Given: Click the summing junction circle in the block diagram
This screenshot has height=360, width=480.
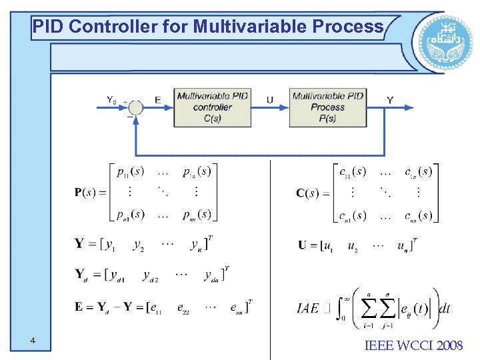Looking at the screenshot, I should [136, 107].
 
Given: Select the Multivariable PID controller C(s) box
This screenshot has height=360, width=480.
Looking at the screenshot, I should [213, 107].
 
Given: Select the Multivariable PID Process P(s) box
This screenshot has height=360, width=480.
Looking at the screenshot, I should [327, 107].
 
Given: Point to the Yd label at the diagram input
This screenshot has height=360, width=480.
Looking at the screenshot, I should [111, 100].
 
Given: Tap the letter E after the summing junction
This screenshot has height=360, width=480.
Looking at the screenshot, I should [158, 100].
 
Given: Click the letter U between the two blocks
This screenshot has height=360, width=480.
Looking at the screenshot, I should [269, 100].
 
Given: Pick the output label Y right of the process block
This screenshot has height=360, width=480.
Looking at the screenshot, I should [390, 100].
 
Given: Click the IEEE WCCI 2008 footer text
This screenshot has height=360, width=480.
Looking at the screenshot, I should [414, 345].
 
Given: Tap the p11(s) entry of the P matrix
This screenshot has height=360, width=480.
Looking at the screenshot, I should [129, 172].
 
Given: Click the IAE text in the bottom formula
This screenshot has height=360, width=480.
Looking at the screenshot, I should [308, 308].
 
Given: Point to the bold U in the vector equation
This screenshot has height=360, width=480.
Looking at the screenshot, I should [303, 245].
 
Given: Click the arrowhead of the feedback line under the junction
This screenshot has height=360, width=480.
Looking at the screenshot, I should [136, 119].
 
